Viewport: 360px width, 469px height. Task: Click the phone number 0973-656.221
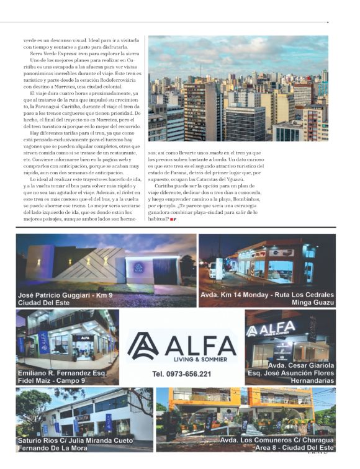pos(181,374)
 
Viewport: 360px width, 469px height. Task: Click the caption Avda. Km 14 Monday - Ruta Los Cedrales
pos(268,295)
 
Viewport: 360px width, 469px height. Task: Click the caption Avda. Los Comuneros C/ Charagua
pos(277,440)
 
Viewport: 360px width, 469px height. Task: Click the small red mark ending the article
pos(173,219)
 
